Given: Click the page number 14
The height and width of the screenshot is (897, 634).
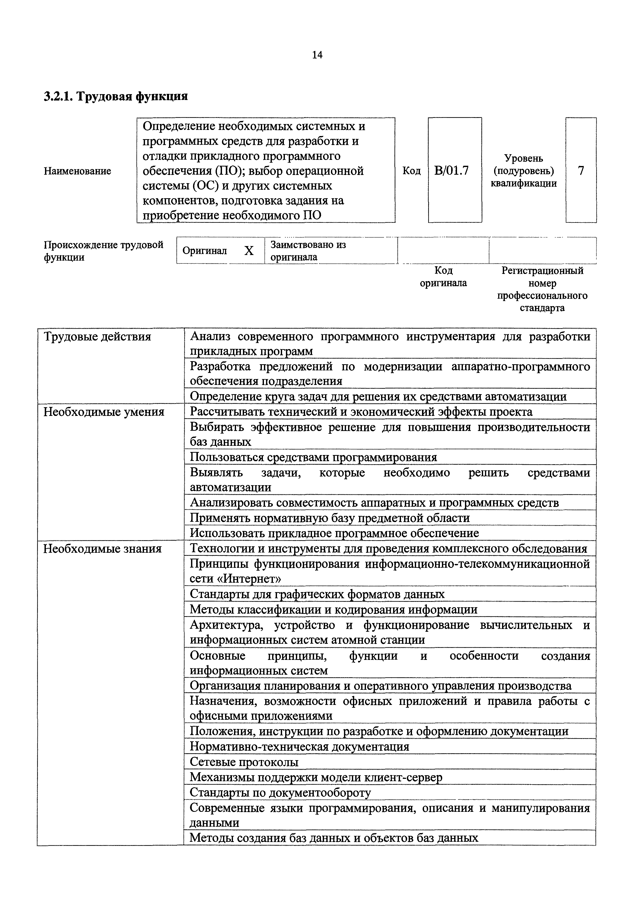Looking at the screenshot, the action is point(317,55).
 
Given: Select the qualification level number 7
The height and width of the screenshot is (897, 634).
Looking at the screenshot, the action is point(581,171).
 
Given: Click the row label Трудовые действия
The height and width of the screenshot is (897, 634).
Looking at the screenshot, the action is point(97,336).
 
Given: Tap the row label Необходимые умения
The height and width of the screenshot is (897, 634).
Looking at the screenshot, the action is point(104,412).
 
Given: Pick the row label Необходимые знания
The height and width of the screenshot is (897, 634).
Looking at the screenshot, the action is point(102,549).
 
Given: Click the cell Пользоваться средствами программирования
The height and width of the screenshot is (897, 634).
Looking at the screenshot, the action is point(313,457).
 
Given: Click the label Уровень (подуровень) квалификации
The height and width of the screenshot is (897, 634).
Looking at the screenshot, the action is point(524,171).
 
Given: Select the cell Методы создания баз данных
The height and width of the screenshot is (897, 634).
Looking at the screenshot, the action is point(333,838).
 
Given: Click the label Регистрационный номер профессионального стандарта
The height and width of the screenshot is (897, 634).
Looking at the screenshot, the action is point(542,289).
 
